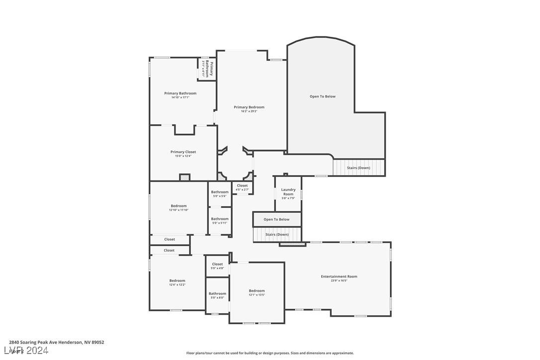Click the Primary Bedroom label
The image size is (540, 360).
249,107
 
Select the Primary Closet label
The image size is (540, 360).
183,152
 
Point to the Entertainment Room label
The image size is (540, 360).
339,276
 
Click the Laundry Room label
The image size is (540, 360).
288,191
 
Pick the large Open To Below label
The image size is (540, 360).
323,96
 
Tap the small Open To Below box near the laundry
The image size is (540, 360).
276,219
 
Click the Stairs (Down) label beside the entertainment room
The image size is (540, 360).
277,234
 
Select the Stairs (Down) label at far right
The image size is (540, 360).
359,168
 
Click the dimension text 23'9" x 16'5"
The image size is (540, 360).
339,281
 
